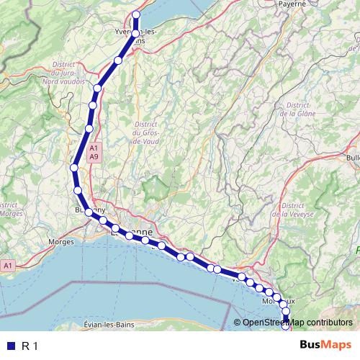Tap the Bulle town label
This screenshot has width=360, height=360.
pos(353,157)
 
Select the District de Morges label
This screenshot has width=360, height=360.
pos(12,210)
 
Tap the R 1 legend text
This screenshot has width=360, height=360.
pos(30,346)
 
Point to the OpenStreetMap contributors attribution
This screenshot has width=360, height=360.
pos(297,323)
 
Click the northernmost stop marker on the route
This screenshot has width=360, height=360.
pos(137,14)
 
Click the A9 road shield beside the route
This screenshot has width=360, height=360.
pos(94,156)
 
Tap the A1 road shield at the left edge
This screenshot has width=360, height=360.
pos(8,266)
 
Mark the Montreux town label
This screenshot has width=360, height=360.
pos(279,300)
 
